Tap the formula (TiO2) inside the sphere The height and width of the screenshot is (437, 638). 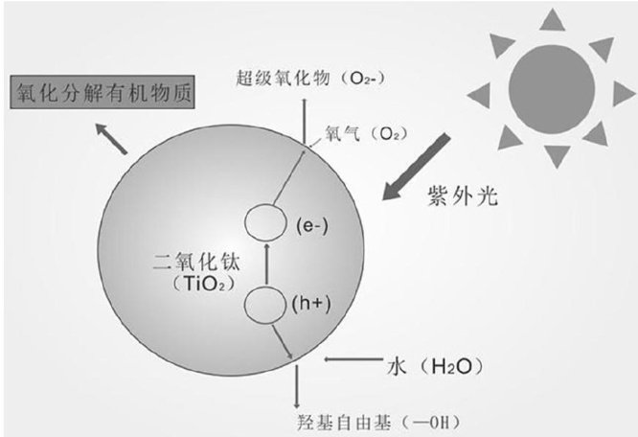(x=196, y=285)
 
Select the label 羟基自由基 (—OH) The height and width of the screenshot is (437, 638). (x=364, y=420)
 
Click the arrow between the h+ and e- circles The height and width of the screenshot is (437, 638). (x=266, y=266)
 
